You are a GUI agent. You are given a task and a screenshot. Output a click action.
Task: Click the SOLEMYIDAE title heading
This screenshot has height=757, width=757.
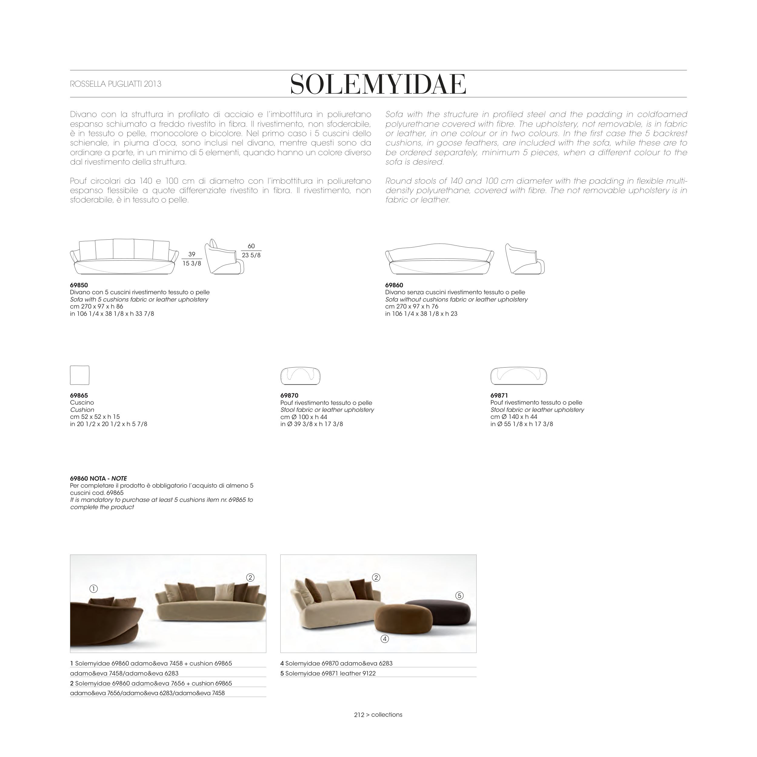coord(378,84)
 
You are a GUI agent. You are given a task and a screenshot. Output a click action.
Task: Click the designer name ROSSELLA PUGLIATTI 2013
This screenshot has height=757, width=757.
coord(115,84)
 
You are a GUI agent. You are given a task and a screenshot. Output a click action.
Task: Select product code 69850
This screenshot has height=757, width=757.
coord(79,285)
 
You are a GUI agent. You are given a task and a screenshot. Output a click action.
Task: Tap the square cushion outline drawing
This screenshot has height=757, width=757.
coord(79,375)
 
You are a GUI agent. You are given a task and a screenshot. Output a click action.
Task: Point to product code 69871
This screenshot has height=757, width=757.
coord(499,395)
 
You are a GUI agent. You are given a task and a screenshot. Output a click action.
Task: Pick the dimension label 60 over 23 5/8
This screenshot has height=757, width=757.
coord(251,251)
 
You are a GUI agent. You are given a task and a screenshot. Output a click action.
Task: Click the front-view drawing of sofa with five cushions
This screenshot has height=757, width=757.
coord(125,257)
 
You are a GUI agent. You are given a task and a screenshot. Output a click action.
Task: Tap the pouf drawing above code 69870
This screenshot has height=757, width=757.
coord(301,376)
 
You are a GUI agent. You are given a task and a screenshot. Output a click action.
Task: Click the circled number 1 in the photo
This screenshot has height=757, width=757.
coord(93,589)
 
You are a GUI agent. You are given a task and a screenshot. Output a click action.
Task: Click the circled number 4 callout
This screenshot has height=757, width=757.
coord(385,639)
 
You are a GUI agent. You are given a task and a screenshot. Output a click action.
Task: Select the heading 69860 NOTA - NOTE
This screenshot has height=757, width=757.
coord(98,479)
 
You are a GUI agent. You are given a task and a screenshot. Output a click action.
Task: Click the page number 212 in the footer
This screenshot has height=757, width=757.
coord(359,714)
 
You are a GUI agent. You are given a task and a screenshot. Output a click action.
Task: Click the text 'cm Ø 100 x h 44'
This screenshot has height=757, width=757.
coord(304,417)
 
